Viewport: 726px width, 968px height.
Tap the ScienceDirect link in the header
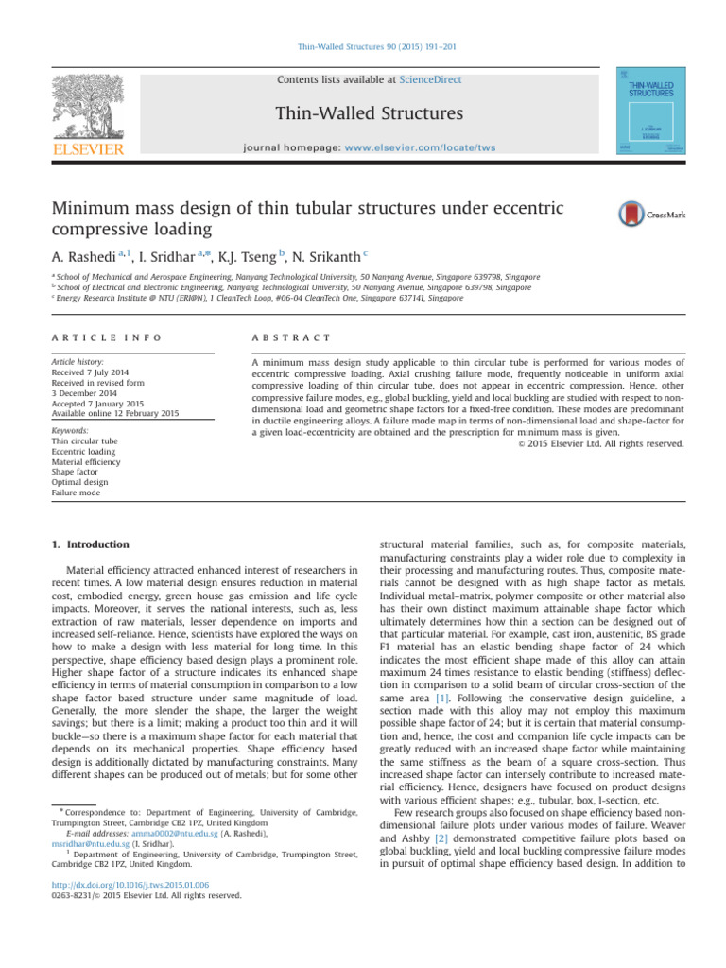click(x=429, y=80)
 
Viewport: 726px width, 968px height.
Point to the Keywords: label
click(x=74, y=430)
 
